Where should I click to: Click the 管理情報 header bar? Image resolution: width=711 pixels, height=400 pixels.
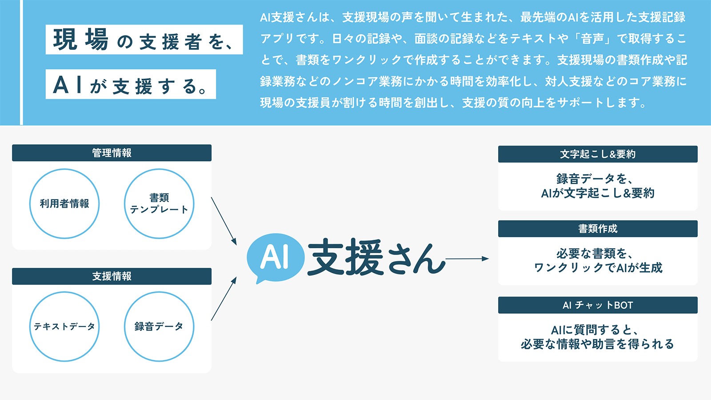click(x=112, y=153)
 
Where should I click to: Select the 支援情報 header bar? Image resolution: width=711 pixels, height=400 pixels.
click(x=112, y=276)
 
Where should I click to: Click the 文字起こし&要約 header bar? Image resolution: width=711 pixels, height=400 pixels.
click(x=598, y=154)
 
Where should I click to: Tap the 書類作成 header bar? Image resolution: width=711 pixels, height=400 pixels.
click(x=598, y=229)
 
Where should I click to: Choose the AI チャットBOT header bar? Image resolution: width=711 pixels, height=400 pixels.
click(x=598, y=305)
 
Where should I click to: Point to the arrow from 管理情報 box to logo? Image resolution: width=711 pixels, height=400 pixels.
click(x=224, y=221)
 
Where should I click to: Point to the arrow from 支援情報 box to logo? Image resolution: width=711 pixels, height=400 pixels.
click(x=224, y=299)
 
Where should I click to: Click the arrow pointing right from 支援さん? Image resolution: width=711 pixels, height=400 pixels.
click(x=467, y=259)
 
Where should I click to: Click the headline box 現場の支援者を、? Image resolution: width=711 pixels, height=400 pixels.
click(x=144, y=40)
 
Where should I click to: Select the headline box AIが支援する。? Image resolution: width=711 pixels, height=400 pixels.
click(x=131, y=84)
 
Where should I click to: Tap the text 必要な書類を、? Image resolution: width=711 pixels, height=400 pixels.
click(x=595, y=254)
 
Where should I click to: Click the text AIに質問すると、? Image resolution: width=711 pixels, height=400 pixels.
click(x=595, y=330)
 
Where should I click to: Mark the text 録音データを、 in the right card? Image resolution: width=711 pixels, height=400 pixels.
click(x=595, y=179)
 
